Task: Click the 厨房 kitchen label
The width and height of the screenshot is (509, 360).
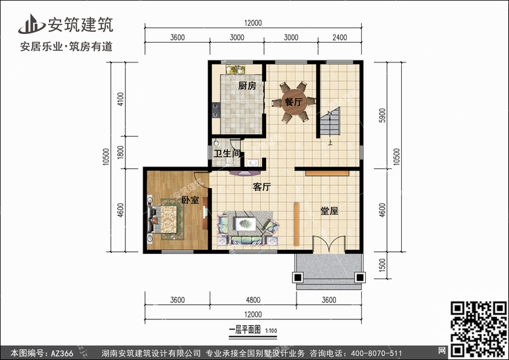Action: [x=247, y=86]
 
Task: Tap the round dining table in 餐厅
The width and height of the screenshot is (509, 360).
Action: [x=293, y=102]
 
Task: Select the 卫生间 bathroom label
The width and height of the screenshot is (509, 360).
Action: [x=227, y=153]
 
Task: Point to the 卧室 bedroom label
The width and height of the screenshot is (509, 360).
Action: [x=190, y=200]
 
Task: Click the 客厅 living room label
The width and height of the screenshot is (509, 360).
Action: [x=262, y=187]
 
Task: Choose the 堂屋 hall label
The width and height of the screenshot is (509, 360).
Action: [x=329, y=211]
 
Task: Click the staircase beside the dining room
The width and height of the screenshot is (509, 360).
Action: [x=330, y=122]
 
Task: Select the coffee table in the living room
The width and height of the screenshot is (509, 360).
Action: [x=246, y=224]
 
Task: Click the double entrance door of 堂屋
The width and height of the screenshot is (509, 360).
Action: [x=329, y=244]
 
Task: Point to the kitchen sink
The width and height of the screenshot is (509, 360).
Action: [x=235, y=69]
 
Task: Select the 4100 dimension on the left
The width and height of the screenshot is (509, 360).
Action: [x=121, y=99]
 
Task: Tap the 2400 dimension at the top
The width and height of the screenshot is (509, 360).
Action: [x=339, y=37]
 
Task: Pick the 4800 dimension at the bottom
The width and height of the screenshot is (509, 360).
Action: [x=253, y=300]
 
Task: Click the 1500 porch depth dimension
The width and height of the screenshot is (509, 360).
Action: [x=382, y=265]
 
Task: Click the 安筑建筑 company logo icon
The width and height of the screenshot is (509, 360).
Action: [x=31, y=24]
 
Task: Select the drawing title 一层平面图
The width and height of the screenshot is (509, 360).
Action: [x=245, y=330]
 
